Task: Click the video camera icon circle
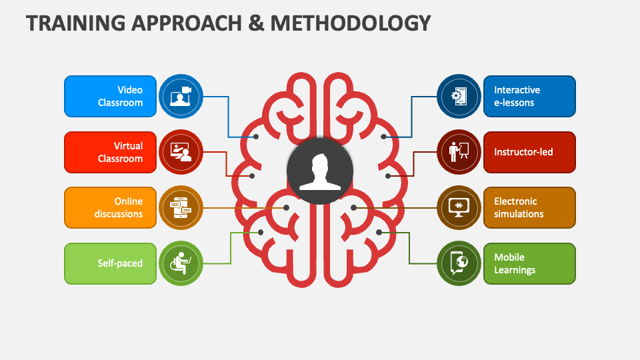click(181, 96)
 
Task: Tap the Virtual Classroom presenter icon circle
click(181, 152)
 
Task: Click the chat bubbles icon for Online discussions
click(181, 207)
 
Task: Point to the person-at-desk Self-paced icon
click(181, 263)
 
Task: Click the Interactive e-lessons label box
click(529, 96)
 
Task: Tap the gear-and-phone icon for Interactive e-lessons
click(459, 96)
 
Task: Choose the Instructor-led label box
click(529, 152)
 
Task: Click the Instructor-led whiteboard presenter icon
click(459, 152)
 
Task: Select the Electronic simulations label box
click(529, 207)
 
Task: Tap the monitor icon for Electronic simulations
click(459, 207)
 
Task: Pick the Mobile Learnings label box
click(529, 263)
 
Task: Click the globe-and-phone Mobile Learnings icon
click(459, 263)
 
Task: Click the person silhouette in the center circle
click(320, 171)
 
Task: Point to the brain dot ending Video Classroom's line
click(256, 137)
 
